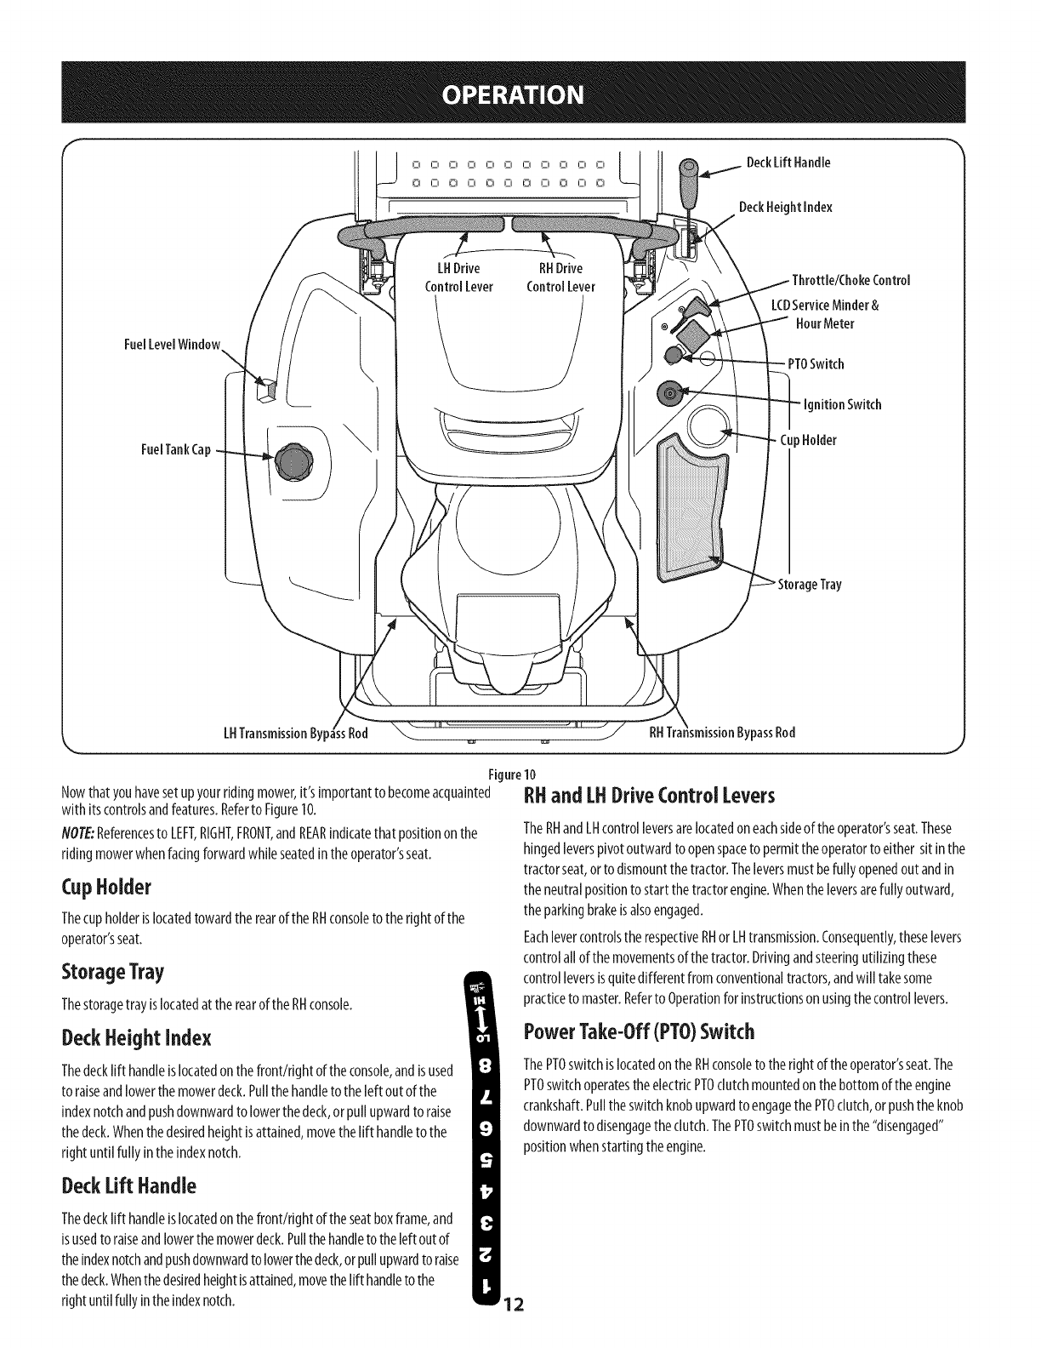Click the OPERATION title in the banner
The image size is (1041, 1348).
click(520, 92)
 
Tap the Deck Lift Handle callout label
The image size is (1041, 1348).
click(788, 163)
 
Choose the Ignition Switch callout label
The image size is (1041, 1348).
click(842, 404)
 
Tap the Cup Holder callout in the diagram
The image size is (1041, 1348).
click(808, 440)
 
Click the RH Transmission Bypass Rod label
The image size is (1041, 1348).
click(722, 733)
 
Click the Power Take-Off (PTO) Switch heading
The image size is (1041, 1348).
click(639, 1032)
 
